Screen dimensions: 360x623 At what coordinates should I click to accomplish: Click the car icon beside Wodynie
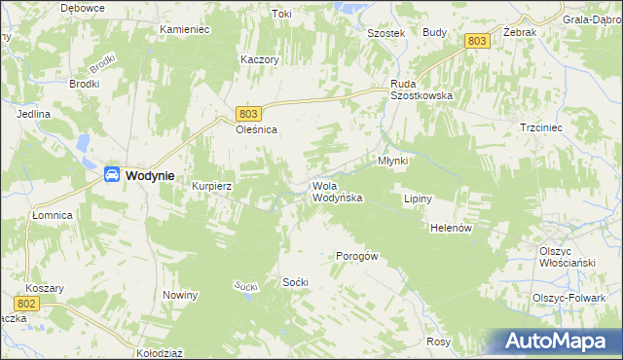tap(112, 175)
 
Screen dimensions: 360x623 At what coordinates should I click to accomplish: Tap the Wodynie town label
tap(150, 176)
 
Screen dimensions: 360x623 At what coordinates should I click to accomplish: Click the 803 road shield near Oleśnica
tap(248, 113)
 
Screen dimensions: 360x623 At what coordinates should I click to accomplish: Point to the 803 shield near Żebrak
tap(476, 41)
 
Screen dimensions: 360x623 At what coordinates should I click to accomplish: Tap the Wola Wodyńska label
tap(337, 192)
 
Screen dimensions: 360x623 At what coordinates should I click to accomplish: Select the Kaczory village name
tap(260, 59)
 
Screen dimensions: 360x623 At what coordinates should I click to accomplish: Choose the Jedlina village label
tap(33, 114)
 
